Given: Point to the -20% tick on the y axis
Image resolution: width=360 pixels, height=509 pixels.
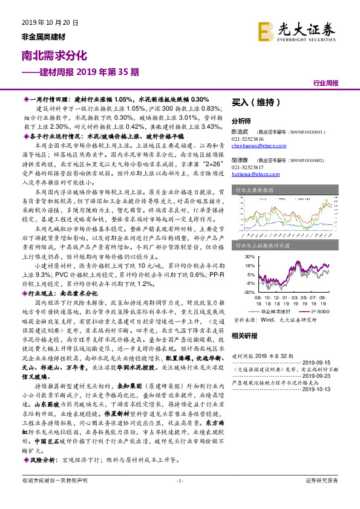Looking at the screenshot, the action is (248, 291).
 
